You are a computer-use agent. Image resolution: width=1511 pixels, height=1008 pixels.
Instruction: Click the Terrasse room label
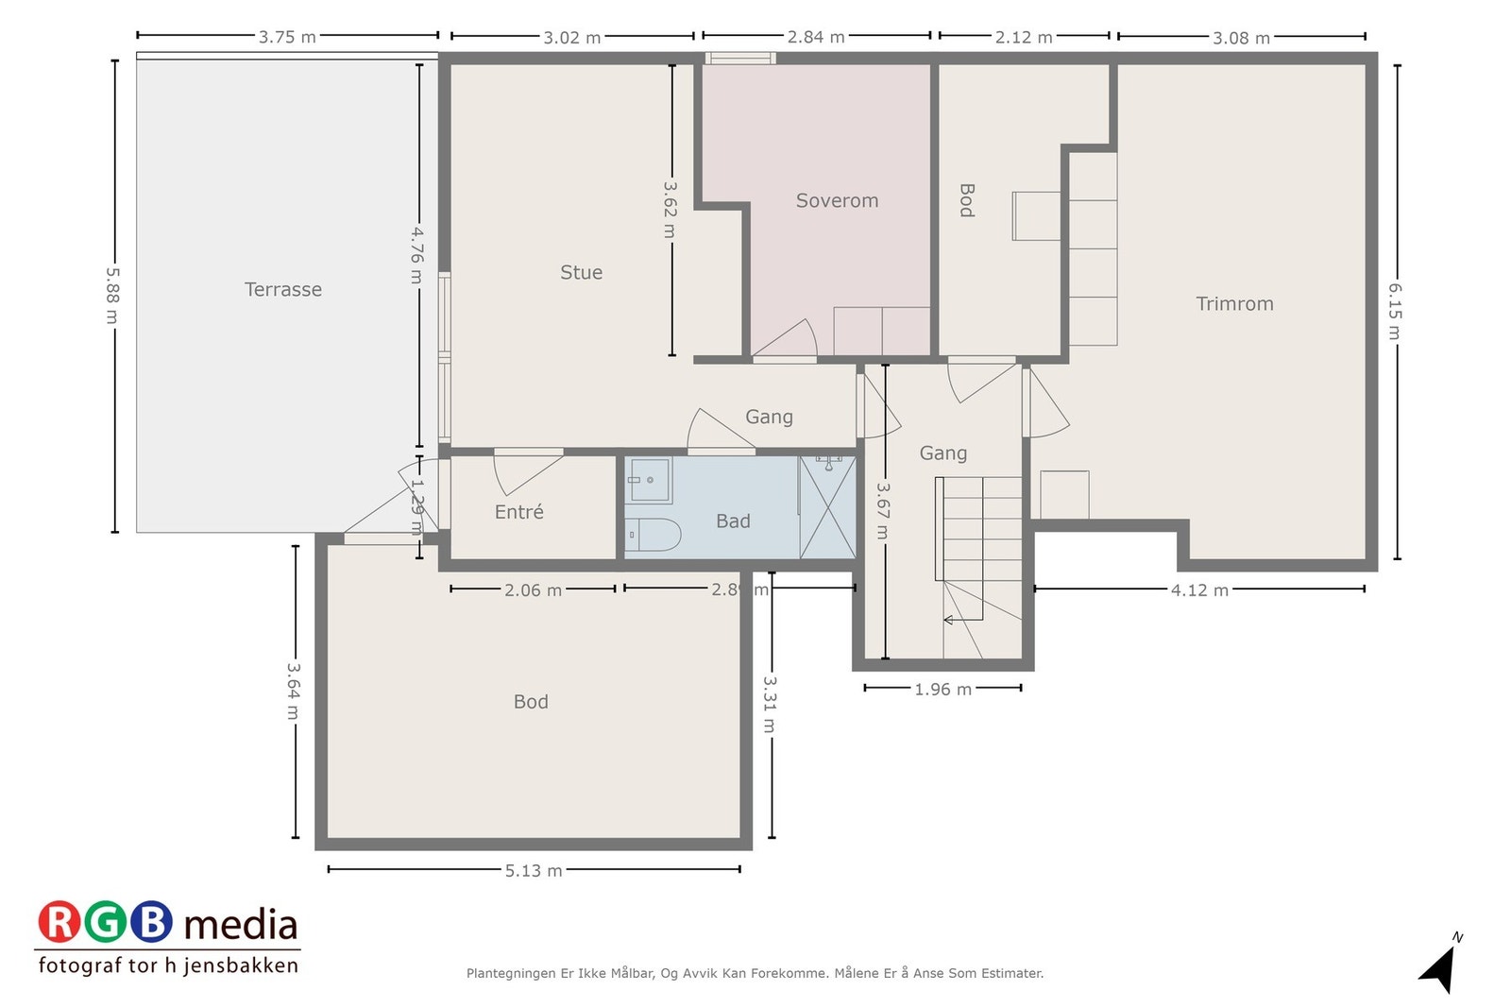click(x=282, y=289)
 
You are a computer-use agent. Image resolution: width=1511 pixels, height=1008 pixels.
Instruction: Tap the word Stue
click(x=581, y=272)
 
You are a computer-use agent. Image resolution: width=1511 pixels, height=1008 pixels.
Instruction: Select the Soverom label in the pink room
click(x=837, y=200)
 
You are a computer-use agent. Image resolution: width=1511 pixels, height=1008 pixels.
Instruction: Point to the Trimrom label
click(x=1234, y=303)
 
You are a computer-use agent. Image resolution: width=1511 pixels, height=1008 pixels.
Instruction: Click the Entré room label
click(x=518, y=511)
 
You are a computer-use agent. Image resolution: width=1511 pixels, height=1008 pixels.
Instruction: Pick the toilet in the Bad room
click(x=653, y=535)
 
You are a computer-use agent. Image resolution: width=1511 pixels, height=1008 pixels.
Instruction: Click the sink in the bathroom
click(x=648, y=481)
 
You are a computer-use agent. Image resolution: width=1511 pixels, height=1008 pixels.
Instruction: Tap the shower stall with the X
click(x=827, y=507)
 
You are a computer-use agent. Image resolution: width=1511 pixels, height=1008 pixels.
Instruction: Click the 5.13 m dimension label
click(x=534, y=870)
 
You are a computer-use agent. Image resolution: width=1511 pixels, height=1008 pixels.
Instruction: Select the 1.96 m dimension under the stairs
click(x=942, y=689)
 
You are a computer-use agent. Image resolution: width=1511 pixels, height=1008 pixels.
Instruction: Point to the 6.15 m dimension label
click(x=1395, y=311)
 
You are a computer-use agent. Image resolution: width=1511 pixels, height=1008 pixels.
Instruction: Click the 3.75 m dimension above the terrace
click(x=287, y=37)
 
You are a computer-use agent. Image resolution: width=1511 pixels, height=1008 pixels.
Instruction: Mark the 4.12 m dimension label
click(x=1199, y=590)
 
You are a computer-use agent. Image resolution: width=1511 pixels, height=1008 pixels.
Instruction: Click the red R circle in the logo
click(x=59, y=922)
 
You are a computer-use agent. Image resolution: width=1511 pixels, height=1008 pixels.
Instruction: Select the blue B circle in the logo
click(x=151, y=922)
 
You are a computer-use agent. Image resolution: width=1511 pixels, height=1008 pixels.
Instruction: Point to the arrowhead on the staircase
click(x=948, y=620)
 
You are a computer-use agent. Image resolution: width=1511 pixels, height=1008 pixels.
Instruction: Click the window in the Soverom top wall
click(x=740, y=58)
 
